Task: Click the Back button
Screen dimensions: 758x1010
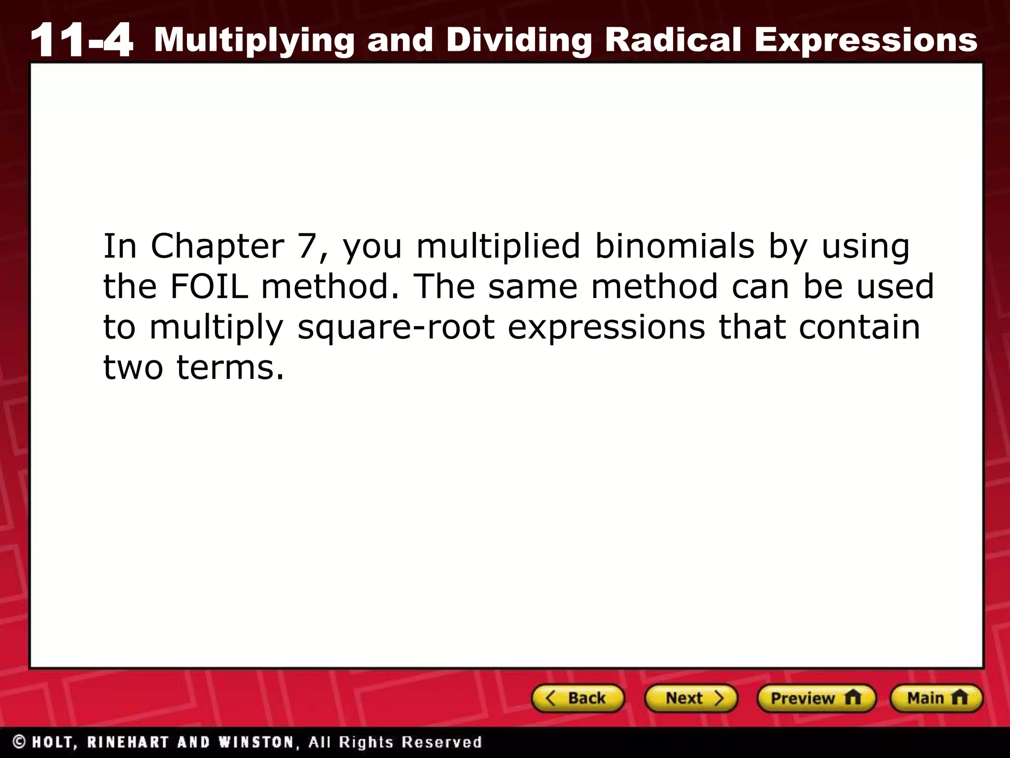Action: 577,698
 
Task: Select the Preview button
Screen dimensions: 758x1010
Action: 816,698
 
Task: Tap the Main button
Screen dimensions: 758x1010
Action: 936,698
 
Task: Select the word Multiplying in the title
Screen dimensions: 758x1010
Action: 254,40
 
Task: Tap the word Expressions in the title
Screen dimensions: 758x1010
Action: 866,40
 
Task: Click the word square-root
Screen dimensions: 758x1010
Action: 396,328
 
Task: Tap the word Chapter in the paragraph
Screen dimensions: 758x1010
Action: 217,247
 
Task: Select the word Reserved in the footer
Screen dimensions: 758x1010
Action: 441,742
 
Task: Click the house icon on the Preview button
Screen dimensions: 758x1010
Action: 852,698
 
